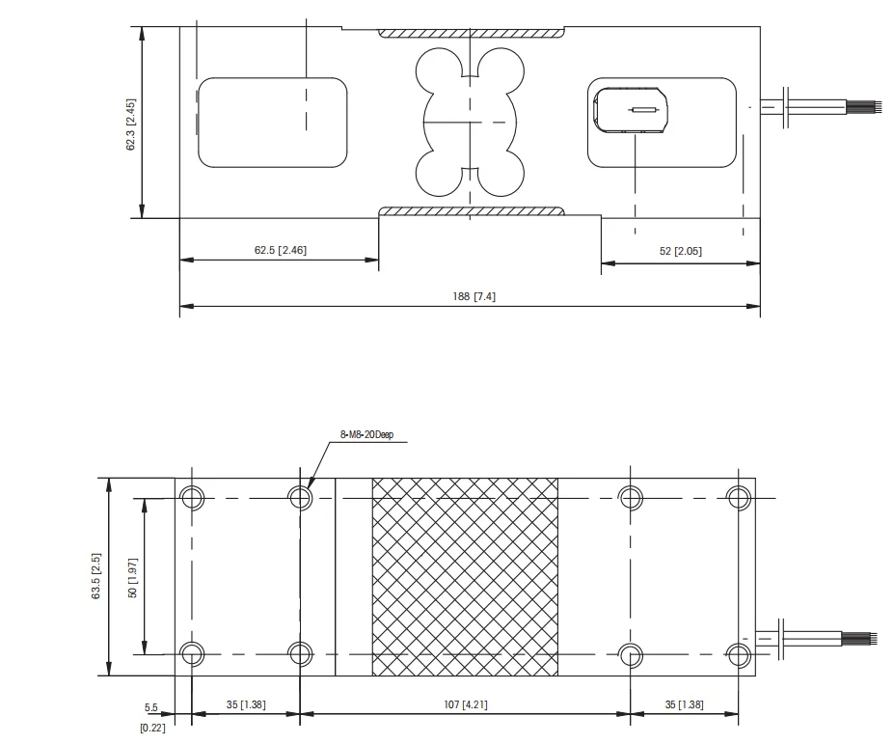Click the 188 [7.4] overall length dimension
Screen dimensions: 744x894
(474, 296)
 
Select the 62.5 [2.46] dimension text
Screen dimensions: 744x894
(281, 250)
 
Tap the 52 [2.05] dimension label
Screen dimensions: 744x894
(681, 251)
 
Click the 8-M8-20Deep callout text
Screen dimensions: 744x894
(367, 434)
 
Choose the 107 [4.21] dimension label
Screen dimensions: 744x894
(466, 704)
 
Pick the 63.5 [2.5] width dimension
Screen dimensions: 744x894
(96, 577)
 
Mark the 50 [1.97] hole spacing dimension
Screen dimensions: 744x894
(133, 577)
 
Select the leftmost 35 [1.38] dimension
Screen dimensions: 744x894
(246, 704)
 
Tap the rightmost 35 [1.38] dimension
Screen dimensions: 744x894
(684, 704)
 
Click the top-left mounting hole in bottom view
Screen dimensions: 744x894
(192, 498)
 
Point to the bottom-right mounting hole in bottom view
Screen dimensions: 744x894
(739, 654)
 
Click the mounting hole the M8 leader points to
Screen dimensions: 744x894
(300, 498)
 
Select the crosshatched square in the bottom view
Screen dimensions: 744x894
(465, 576)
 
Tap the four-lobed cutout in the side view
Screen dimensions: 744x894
(469, 123)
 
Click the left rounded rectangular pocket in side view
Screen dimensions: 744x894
(272, 123)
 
